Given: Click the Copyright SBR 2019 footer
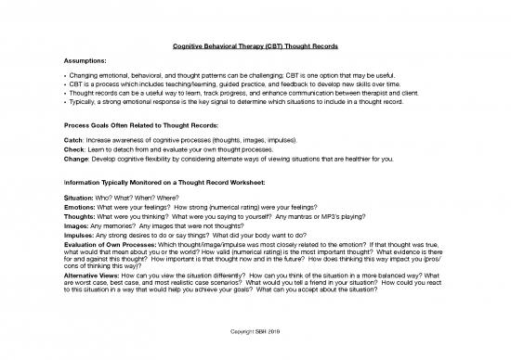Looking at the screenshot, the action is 255,329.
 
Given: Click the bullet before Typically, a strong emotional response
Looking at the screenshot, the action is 84,102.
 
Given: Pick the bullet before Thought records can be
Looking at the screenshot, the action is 84,94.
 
